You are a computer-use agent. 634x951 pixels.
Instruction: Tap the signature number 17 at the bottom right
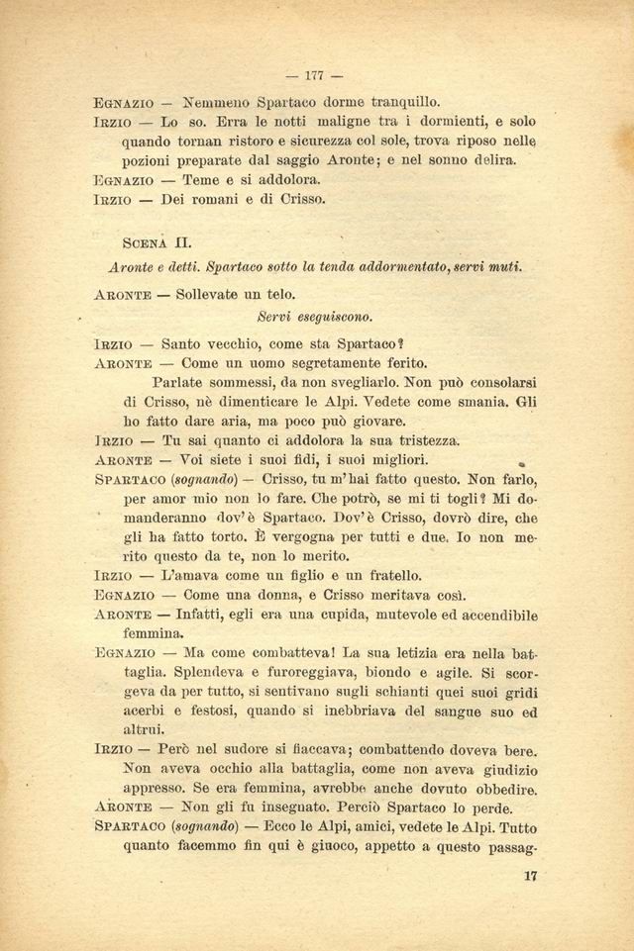pyautogui.click(x=527, y=875)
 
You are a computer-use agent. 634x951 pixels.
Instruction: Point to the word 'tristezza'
pyautogui.click(x=410, y=440)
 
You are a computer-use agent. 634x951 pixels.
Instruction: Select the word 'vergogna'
pyautogui.click(x=314, y=537)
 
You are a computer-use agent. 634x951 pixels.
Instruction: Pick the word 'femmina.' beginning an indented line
pyautogui.click(x=154, y=633)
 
